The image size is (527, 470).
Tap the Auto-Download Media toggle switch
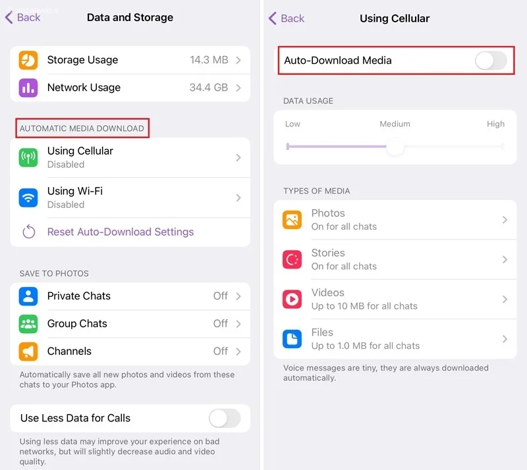(491, 61)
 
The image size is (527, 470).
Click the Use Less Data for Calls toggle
(225, 418)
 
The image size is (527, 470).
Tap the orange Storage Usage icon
(28, 60)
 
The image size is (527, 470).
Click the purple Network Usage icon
(28, 88)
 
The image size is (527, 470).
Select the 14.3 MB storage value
(209, 60)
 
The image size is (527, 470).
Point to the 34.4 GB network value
(209, 88)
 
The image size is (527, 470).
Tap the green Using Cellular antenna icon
(28, 157)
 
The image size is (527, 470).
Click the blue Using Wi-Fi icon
(28, 197)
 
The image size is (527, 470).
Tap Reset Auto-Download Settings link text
(121, 232)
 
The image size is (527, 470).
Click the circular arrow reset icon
(28, 232)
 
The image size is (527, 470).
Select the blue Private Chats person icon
(28, 296)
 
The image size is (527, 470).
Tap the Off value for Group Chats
(221, 323)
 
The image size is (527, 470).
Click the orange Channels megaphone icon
(28, 352)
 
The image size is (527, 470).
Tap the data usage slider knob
(395, 147)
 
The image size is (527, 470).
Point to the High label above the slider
(496, 124)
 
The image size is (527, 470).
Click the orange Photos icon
(292, 220)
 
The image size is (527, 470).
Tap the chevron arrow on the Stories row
(505, 259)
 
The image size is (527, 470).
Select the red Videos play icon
(292, 299)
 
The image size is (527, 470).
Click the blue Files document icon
(292, 339)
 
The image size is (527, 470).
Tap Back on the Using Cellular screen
(287, 18)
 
